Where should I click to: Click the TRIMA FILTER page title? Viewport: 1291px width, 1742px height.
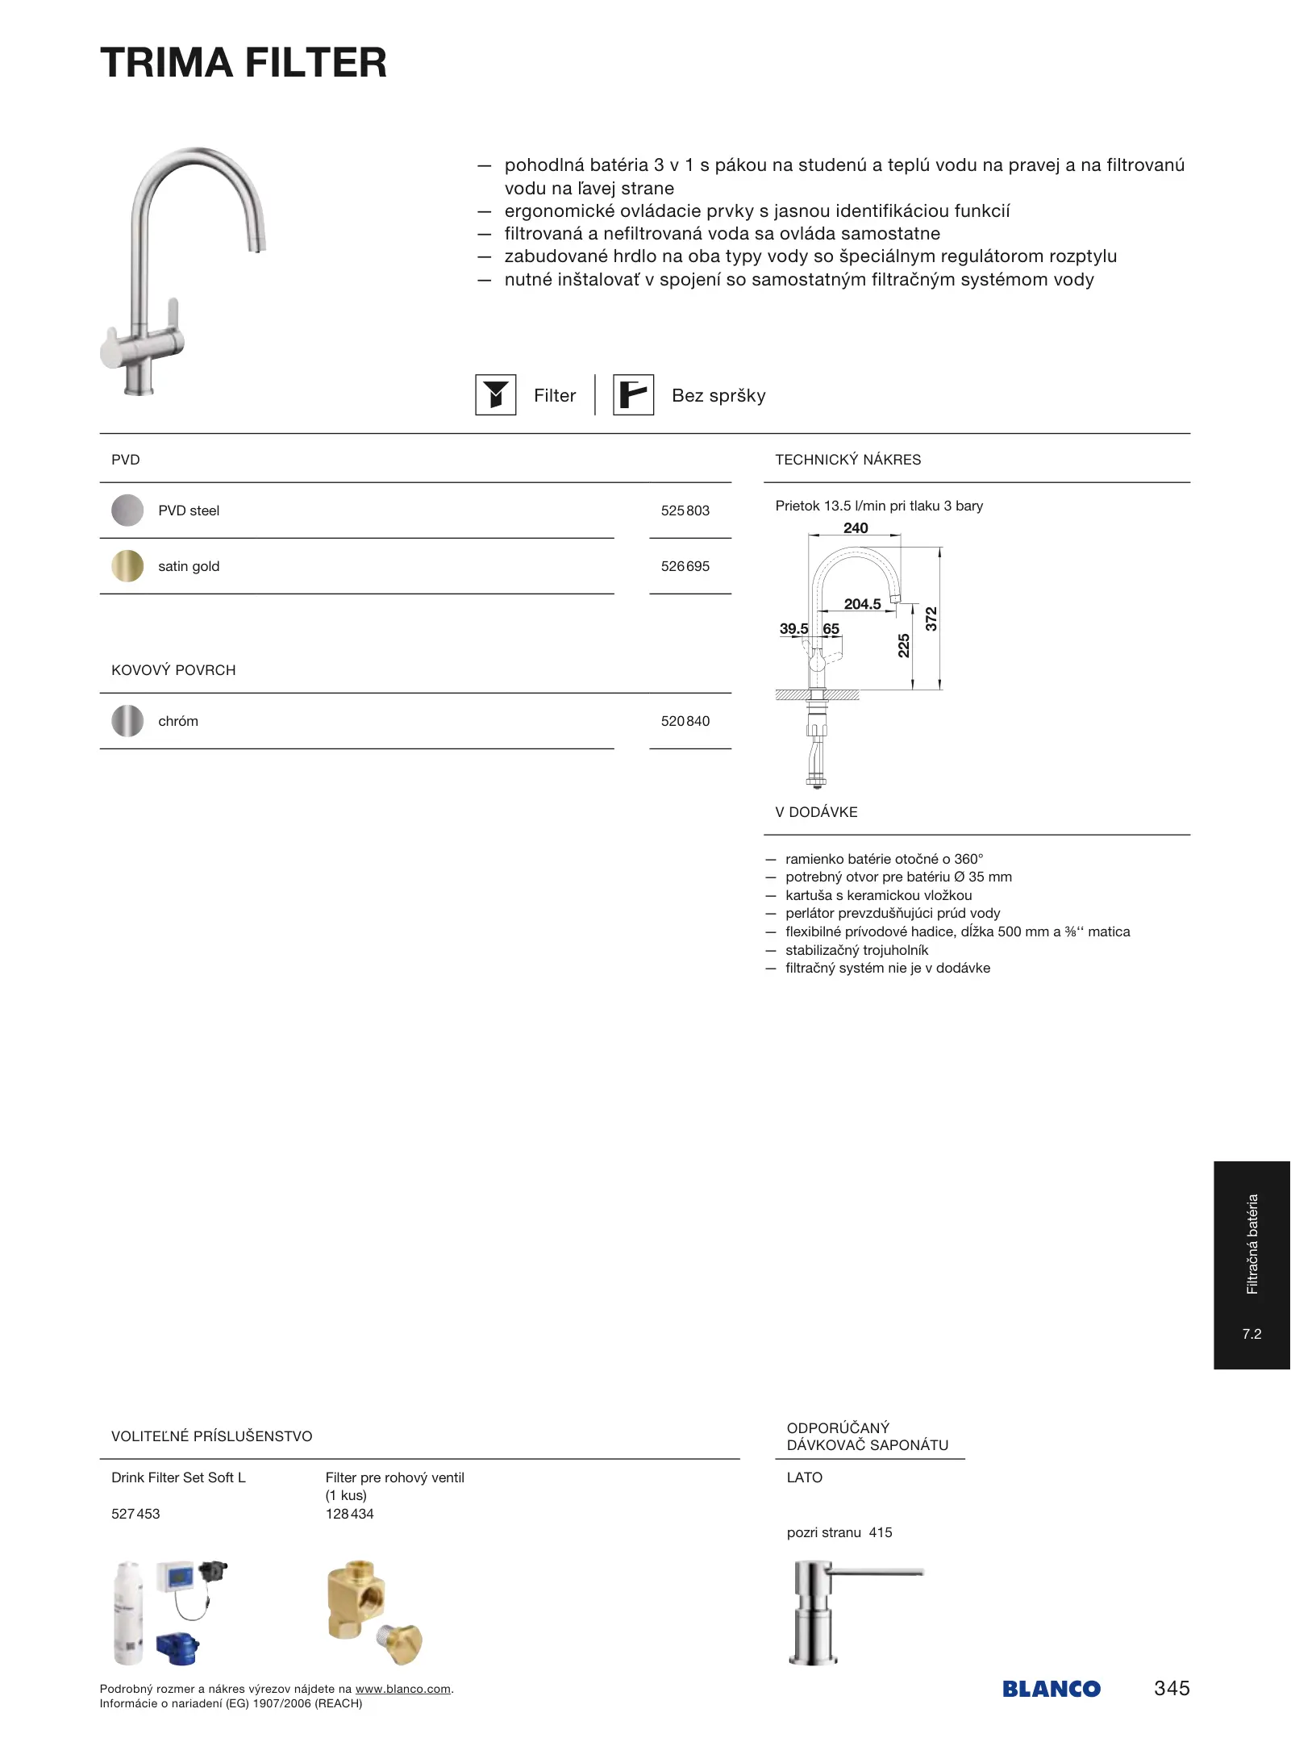243,63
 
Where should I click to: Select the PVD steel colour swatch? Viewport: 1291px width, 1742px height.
127,511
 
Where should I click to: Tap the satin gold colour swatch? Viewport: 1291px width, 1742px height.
127,566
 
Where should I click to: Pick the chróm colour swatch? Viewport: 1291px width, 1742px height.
127,721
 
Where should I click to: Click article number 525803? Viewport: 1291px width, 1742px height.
685,511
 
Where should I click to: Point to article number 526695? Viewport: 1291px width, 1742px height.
685,566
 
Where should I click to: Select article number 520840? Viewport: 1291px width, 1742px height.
685,721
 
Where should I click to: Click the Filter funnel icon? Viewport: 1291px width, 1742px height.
495,395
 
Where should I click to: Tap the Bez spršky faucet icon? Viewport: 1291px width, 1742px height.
633,395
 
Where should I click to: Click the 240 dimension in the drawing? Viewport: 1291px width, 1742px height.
856,528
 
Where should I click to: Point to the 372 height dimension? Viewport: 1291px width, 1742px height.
931,619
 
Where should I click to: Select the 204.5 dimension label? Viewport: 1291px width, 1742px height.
862,604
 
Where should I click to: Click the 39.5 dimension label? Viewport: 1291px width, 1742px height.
793,628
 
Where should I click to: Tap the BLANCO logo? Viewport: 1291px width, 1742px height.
1051,1689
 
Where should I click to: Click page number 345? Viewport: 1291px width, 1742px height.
1171,1688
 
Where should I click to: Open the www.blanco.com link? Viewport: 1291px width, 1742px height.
402,1689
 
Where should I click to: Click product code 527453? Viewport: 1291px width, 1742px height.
135,1514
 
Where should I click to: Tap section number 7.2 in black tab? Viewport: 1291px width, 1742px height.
1251,1334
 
